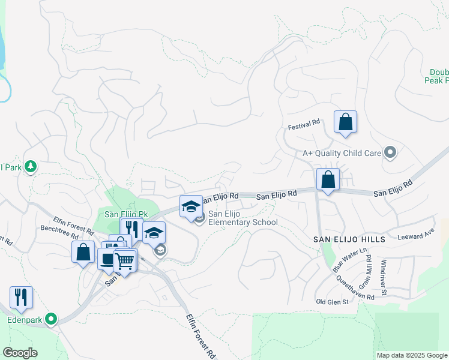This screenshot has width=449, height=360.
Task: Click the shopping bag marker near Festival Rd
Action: [345, 123]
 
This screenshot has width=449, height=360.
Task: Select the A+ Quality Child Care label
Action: [342, 153]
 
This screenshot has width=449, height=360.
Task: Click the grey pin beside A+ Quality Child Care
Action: [390, 152]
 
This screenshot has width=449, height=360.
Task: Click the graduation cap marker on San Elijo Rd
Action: [191, 208]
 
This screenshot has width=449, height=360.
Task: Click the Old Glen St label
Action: [333, 301]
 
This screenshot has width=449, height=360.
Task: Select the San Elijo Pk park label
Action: [126, 214]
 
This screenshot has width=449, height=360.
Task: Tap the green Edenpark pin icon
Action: [51, 319]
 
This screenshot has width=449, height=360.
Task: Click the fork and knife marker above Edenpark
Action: [21, 298]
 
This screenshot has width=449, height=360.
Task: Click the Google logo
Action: [20, 353]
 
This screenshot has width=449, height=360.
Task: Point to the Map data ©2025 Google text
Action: [411, 355]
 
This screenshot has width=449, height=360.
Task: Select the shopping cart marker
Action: [125, 262]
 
